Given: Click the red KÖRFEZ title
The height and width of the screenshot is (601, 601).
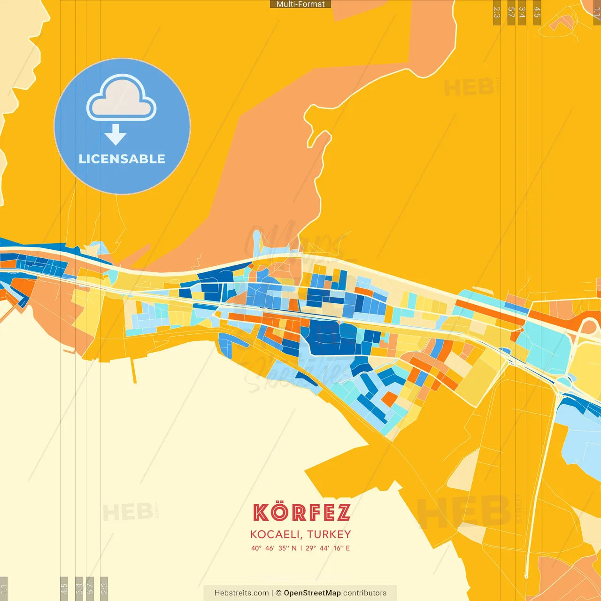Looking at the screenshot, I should click(x=301, y=512).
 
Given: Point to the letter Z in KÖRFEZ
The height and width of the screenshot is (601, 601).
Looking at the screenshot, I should click(x=343, y=513).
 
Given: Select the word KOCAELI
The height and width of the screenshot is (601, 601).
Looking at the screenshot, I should click(x=276, y=534).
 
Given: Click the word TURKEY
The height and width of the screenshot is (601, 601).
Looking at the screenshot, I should click(x=329, y=534).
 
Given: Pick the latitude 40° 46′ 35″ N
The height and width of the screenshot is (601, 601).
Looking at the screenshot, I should click(x=274, y=548).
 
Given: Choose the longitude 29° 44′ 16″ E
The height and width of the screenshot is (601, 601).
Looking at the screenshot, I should click(x=328, y=548).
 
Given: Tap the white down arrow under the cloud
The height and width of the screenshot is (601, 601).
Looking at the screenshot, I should click(x=116, y=134).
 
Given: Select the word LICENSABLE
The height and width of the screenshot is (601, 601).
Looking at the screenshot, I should click(x=122, y=159).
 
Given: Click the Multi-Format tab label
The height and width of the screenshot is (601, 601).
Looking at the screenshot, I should click(x=300, y=4).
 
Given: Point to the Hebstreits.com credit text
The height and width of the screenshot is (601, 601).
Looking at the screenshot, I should click(x=241, y=593).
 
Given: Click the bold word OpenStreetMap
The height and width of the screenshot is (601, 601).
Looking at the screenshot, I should click(x=312, y=593).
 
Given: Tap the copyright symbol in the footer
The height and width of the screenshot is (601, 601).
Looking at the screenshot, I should click(x=278, y=593).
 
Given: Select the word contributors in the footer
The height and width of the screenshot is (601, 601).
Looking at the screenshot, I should click(x=365, y=593).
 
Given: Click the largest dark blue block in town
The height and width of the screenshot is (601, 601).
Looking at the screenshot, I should click(x=329, y=338).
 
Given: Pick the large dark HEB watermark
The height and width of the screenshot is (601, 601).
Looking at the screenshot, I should click(x=463, y=512).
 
